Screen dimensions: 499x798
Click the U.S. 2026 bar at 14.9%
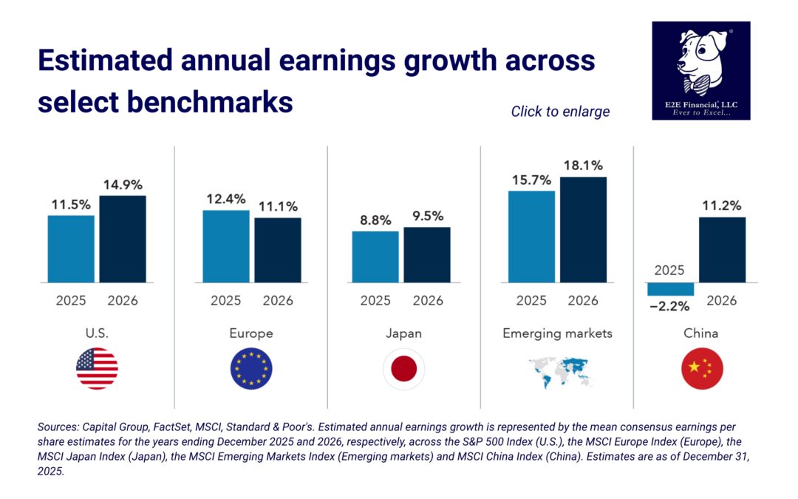[x=123, y=239]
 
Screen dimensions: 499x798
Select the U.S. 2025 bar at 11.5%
[x=71, y=248]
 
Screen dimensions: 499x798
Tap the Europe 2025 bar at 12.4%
[x=226, y=246]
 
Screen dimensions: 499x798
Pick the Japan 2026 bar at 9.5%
[x=427, y=254]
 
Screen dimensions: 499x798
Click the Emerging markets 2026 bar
[x=583, y=229]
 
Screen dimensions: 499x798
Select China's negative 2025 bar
[x=670, y=289]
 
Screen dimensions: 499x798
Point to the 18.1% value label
[x=583, y=165]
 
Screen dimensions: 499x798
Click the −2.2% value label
[x=669, y=306]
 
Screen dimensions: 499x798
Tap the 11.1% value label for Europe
[x=278, y=206]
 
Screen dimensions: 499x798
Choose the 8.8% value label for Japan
[x=375, y=220]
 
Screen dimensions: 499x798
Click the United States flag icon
[x=97, y=368]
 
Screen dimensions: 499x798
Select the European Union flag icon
[x=251, y=368]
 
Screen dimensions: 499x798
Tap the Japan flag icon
[x=403, y=368]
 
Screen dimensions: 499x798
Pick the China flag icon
[x=701, y=368]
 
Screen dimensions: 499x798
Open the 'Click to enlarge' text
[x=560, y=112]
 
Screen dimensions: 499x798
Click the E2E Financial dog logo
[x=700, y=70]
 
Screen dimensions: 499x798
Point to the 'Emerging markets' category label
[x=557, y=333]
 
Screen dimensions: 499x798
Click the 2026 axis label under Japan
[x=428, y=301]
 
